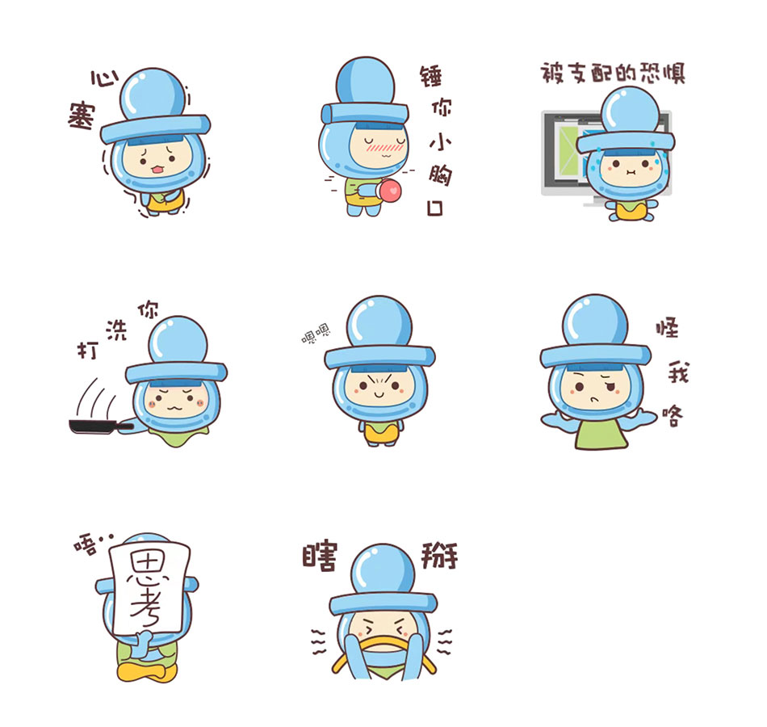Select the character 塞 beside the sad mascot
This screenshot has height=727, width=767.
point(82,116)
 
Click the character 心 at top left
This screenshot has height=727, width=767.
point(104,79)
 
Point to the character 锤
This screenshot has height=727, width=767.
point(431,77)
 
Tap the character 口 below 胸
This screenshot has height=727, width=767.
point(435,208)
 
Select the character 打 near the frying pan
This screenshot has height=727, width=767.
point(88,350)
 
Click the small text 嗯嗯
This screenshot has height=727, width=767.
point(316,334)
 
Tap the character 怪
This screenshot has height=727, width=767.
point(667,328)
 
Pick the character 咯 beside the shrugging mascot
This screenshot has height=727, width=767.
point(673,416)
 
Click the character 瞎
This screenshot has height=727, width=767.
point(320,557)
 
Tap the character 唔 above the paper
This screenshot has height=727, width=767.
point(86,545)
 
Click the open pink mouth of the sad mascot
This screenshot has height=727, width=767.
point(157,170)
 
